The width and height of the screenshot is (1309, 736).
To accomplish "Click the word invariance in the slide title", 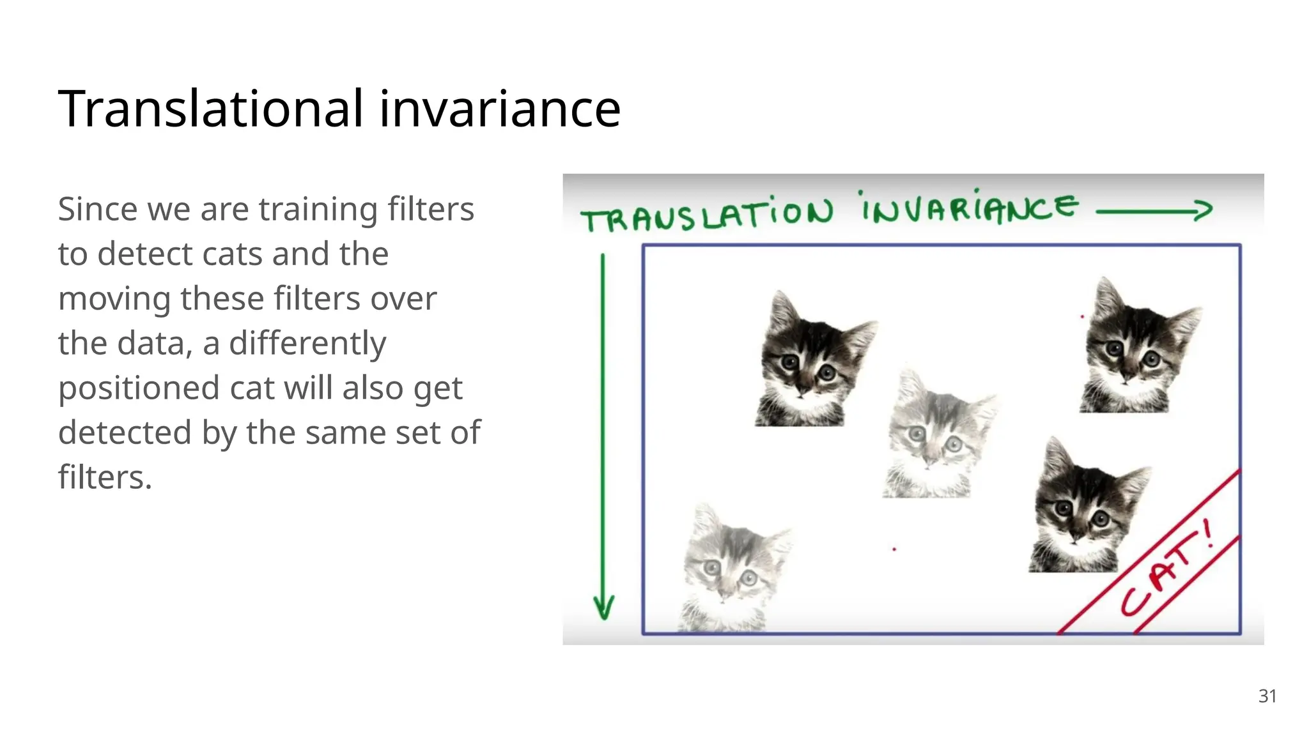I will pos(499,109).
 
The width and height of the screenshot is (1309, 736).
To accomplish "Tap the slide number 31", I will pos(1267,696).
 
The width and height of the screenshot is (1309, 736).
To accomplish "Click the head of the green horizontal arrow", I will pos(1204,210).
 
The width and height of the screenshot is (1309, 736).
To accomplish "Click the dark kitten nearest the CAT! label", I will pos(1084,509).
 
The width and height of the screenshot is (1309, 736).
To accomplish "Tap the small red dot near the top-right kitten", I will pos(1082,316).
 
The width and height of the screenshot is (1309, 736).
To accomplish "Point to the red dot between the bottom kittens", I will pos(894,549).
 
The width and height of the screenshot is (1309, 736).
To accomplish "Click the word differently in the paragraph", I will pos(307,344).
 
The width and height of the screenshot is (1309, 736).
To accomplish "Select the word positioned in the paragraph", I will pos(139,388).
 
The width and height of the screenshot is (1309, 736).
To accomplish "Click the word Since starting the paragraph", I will pos(97,210).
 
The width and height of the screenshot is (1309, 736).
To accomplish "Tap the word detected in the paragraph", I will pos(125,433).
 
